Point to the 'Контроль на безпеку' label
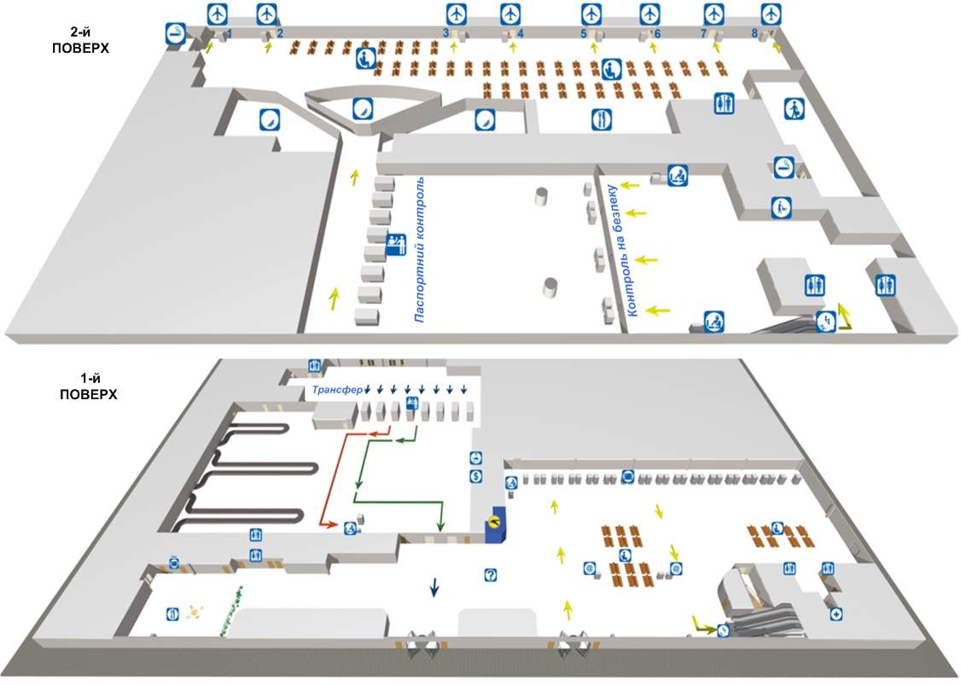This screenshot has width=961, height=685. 621,251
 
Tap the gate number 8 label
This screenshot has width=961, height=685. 754,33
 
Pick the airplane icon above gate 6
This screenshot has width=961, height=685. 650,14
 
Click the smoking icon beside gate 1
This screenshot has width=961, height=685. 176,33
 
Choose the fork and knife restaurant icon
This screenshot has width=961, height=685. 602,119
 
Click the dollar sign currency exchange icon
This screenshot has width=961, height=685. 476,476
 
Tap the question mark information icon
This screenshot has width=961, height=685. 490,575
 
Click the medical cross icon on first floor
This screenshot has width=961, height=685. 836,613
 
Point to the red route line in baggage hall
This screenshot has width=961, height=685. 332,478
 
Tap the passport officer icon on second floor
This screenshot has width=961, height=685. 395,245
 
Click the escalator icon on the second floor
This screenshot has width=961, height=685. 825,321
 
